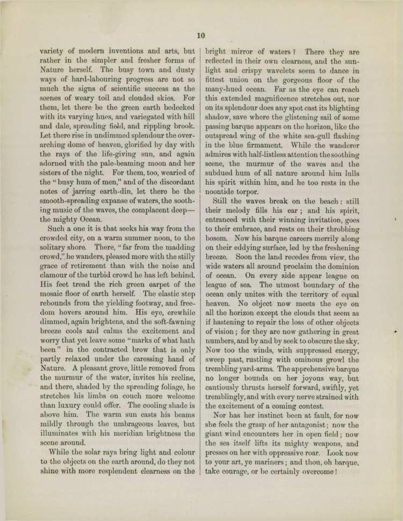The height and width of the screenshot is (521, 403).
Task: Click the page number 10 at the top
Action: (201, 35)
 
